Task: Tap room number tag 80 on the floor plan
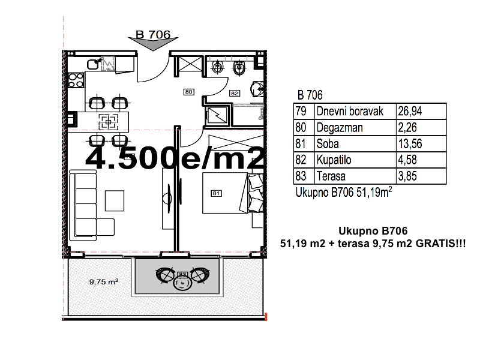[x=188, y=92]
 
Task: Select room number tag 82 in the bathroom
[x=235, y=94]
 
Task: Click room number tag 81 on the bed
[x=216, y=193]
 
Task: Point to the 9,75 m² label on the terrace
[x=104, y=281]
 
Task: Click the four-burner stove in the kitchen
[x=76, y=80]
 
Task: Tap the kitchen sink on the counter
[x=93, y=64]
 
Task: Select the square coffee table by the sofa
[x=115, y=201]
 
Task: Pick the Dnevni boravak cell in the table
[x=350, y=111]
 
